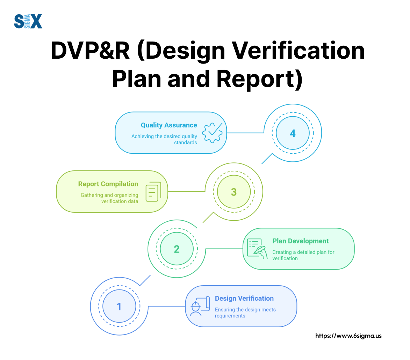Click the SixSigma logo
[28, 21]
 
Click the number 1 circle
[119, 307]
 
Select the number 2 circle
[177, 249]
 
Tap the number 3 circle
[234, 192]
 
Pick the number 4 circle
[293, 133]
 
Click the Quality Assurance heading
[169, 125]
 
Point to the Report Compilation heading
[108, 184]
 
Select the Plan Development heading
[301, 241]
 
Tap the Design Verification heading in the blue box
[244, 299]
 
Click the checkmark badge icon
[213, 133]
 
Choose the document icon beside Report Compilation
[153, 192]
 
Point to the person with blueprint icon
[199, 306]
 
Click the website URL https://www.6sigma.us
[348, 336]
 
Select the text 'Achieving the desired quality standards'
[164, 139]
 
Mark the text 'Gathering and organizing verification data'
[109, 198]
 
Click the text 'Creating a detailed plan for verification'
[303, 255]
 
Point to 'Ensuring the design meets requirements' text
[245, 313]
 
